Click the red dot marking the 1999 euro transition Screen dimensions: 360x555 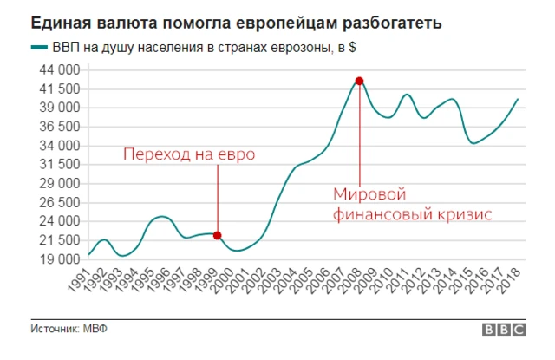point(217,235)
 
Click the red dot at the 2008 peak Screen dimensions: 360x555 point(358,81)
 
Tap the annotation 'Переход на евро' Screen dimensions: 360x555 point(188,155)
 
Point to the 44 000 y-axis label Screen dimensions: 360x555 point(59,69)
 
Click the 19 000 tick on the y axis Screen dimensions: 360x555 point(59,259)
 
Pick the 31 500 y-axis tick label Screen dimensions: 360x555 point(59,164)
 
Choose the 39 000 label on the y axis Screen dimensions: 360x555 point(59,108)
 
